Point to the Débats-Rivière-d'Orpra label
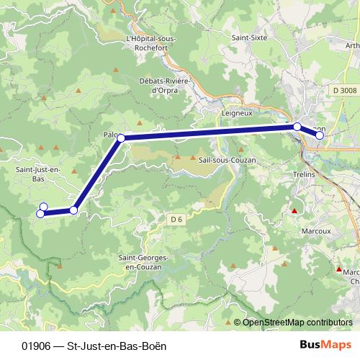point(164,85)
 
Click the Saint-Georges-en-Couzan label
point(147,262)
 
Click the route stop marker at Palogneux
point(121,138)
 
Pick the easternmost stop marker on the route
point(320,135)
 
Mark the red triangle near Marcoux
point(294,211)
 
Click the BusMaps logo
point(327,344)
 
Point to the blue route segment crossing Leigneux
point(216,131)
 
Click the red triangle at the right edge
point(339,269)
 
